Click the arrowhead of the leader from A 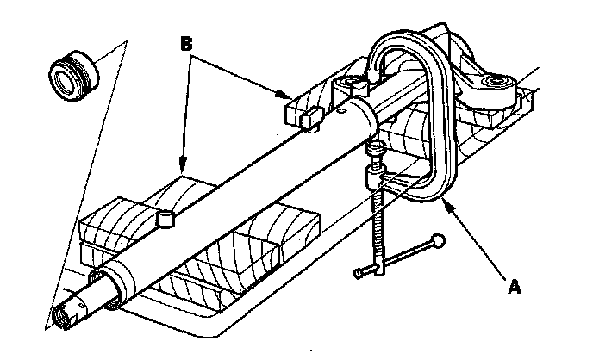446,204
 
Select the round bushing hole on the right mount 495,83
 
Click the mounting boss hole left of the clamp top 352,85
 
